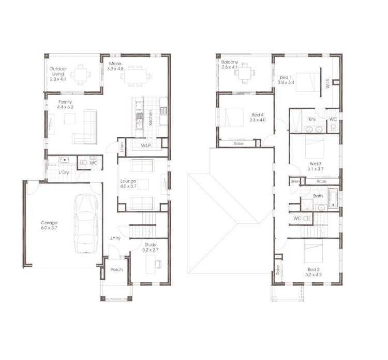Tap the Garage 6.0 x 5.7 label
click(49, 226)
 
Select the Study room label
click(151, 247)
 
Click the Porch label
click(116, 269)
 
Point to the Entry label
click(115, 238)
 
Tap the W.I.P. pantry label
click(146, 146)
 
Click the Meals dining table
click(136, 76)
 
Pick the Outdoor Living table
click(81, 76)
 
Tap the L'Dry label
click(64, 172)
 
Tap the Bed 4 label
click(258, 117)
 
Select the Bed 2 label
click(314, 272)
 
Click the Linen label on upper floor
click(295, 181)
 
